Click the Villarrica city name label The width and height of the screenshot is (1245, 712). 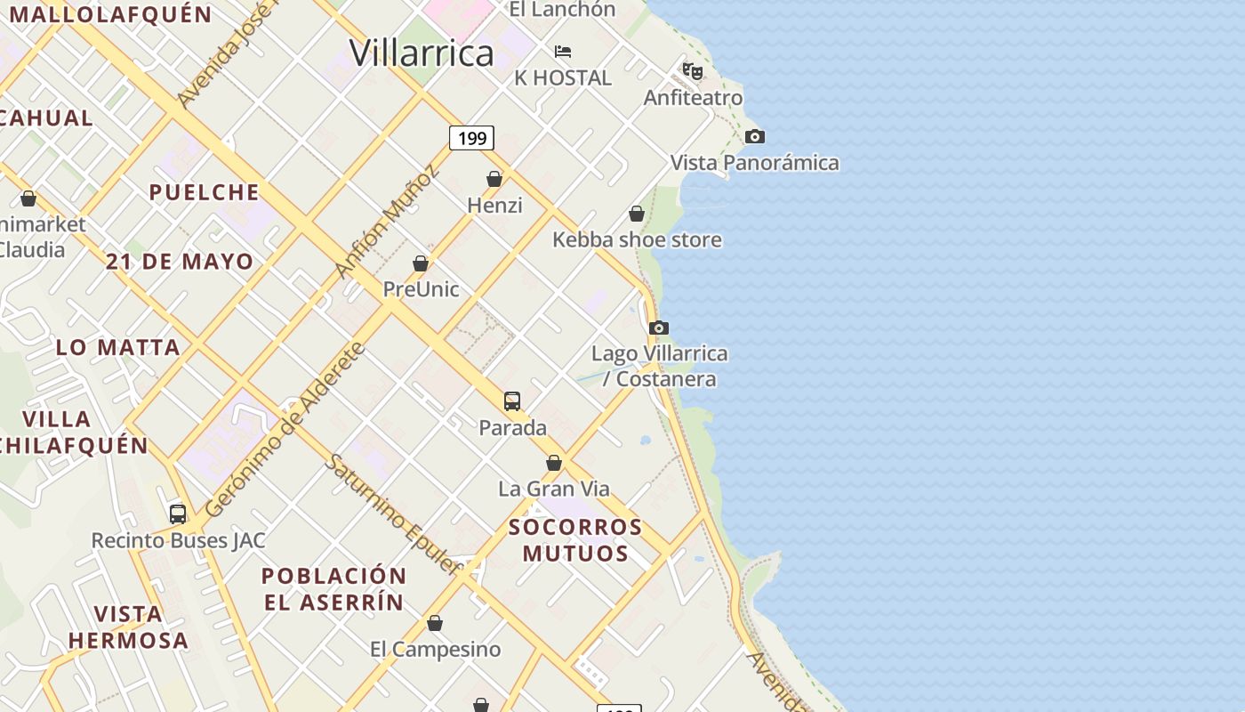coord(421,53)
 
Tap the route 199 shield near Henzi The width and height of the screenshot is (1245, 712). coord(471,138)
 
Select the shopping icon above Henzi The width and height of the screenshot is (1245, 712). coord(494,179)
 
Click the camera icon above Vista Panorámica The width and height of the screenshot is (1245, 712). coord(755,136)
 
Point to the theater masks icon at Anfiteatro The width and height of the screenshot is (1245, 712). coord(693,70)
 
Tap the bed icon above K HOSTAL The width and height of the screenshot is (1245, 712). coord(563,52)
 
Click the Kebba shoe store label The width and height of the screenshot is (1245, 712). coord(637,239)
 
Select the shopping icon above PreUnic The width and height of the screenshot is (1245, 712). coord(421,263)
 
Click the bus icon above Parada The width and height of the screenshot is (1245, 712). coord(512,400)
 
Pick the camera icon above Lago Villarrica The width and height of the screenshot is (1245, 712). coord(659,328)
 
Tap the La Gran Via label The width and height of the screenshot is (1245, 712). coord(553,489)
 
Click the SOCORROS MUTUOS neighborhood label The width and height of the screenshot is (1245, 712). coord(575,539)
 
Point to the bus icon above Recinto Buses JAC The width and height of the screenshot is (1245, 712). coord(178,514)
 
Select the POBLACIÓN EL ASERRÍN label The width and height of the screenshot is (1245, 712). coord(333,588)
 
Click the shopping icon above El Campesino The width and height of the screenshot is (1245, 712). coord(435,623)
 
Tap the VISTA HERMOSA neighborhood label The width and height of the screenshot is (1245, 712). coord(128,627)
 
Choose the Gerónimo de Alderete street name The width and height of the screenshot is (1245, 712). coord(285,431)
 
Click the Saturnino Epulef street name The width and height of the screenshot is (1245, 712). coord(393,514)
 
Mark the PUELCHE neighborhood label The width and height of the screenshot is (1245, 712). coord(205,192)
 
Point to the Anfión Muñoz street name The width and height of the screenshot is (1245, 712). coord(387,222)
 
